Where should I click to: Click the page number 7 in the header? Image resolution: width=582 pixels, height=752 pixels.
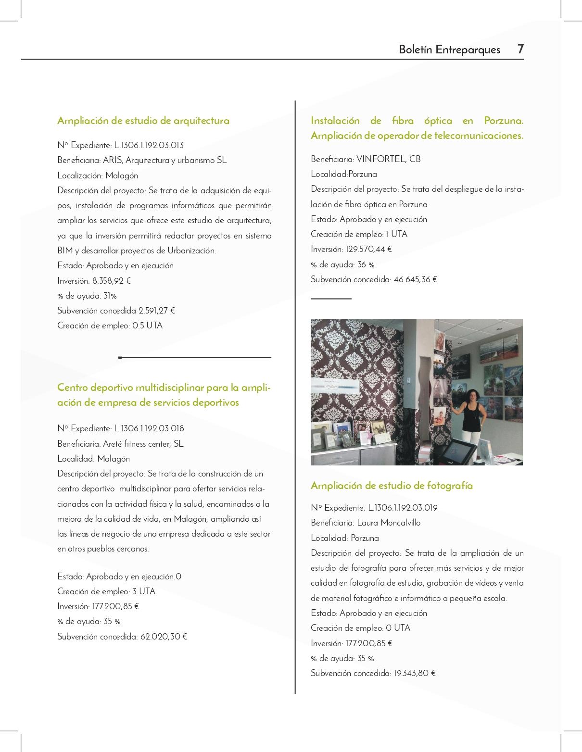click(520, 49)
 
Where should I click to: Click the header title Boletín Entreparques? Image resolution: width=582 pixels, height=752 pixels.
click(449, 50)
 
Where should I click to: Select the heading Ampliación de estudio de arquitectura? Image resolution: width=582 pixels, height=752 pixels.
click(143, 121)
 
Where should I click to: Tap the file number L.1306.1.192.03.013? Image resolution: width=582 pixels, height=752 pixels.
click(149, 145)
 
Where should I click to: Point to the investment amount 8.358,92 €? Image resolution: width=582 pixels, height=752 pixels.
click(112, 281)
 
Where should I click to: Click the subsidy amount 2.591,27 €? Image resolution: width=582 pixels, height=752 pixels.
click(157, 311)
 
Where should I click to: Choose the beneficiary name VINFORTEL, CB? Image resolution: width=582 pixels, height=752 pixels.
click(389, 159)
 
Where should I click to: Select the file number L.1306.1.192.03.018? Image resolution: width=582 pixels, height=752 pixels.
click(149, 428)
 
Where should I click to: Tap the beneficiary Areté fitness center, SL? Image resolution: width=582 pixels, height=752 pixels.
click(143, 444)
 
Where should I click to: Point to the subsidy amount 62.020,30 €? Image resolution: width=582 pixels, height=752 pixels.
click(164, 637)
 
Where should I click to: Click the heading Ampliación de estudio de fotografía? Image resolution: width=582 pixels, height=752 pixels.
click(392, 486)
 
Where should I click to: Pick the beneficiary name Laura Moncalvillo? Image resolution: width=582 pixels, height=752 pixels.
click(389, 523)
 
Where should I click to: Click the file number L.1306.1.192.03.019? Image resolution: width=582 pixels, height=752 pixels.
click(403, 508)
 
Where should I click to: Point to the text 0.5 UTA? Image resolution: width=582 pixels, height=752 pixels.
click(148, 326)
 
